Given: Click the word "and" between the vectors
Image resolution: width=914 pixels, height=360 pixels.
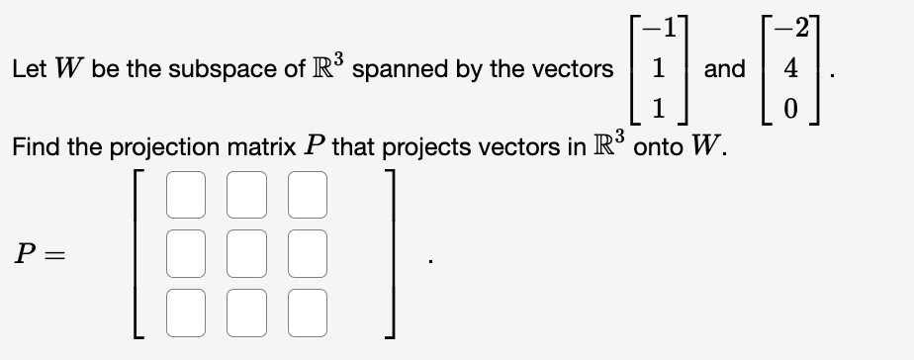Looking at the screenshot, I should point(724,69).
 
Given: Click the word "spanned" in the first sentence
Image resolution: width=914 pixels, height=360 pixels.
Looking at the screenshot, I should point(393,69).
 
